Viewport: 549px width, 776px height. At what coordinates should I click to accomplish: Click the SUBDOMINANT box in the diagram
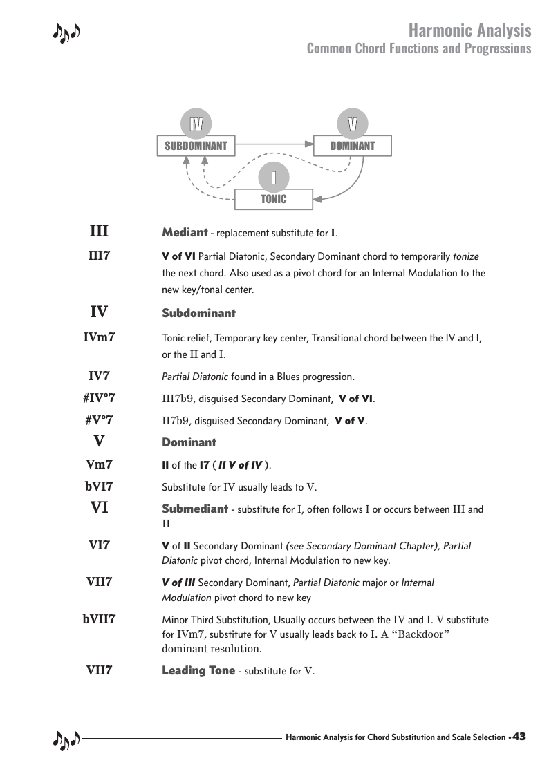[196, 146]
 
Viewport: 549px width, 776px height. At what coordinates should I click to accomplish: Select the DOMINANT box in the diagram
[353, 146]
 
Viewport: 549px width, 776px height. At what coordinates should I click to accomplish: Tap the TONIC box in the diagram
[274, 199]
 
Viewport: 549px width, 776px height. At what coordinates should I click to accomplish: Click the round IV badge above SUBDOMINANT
[196, 124]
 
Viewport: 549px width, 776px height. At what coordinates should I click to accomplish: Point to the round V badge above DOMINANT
[353, 124]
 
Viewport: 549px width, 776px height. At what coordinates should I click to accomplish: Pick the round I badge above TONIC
[274, 178]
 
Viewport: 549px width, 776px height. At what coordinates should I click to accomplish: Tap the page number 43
[519, 737]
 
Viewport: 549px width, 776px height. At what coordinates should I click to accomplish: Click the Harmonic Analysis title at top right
[469, 30]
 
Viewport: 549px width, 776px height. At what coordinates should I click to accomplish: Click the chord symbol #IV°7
[99, 398]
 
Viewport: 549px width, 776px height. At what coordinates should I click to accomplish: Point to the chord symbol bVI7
[99, 486]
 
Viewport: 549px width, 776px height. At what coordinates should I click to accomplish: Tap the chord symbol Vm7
[99, 464]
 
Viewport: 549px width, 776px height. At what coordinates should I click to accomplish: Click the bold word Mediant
[185, 232]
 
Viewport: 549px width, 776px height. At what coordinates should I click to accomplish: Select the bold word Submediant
[195, 509]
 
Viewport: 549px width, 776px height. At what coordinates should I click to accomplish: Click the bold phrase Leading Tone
[198, 670]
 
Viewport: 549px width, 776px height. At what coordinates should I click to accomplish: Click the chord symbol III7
[99, 256]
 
